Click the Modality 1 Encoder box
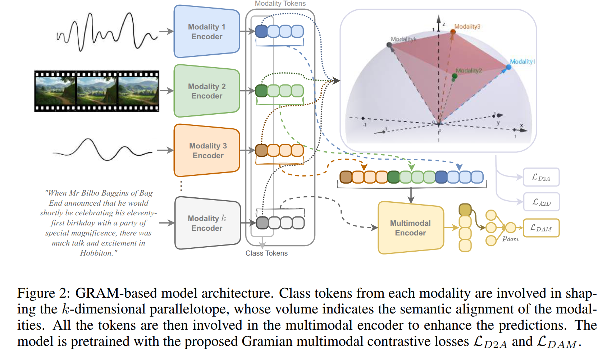(207, 32)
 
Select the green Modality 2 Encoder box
(207, 91)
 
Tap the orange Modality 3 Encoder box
(207, 151)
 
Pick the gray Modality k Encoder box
(207, 223)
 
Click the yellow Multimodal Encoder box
(410, 228)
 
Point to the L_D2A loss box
(541, 177)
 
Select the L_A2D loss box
(541, 202)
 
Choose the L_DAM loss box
(541, 228)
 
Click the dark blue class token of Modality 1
(261, 31)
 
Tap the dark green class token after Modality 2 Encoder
(261, 91)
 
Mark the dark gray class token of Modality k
(262, 223)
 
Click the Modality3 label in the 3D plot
(467, 27)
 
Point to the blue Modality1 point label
(522, 61)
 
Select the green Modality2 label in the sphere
(469, 70)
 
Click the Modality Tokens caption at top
(280, 4)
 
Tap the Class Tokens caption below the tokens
(266, 253)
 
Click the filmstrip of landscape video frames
(97, 91)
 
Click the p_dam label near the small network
(510, 239)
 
